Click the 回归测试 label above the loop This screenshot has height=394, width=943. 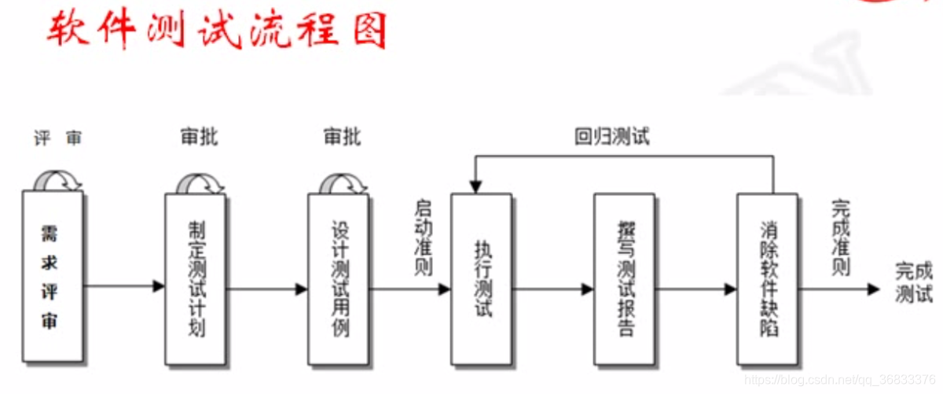pos(612,137)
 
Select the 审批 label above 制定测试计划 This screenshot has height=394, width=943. pos(200,137)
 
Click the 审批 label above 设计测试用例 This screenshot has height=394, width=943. pos(343,137)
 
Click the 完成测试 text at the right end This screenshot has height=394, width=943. pos(914,283)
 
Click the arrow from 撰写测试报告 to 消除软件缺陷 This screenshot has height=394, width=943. pos(695,289)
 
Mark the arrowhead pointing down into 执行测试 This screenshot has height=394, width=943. pos(474,187)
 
